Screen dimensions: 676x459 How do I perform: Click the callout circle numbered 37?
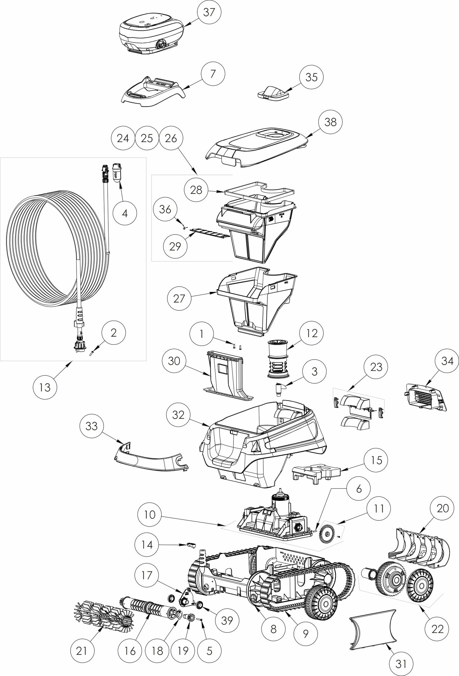[209, 12]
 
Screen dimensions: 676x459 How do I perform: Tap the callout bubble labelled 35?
[311, 77]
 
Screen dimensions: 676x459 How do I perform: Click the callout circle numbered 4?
[125, 213]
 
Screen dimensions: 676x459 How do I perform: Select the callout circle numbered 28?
[196, 190]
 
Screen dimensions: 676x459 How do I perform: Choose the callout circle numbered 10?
[150, 514]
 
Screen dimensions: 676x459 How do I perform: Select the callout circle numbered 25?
[147, 138]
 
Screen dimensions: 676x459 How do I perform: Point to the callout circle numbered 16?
[130, 651]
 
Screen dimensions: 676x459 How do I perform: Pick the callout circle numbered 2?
[114, 333]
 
